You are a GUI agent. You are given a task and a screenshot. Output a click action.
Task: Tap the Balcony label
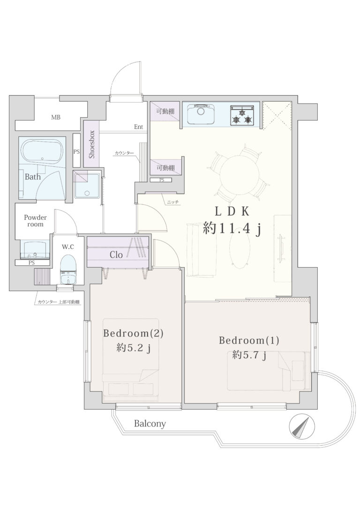[x=150, y=424]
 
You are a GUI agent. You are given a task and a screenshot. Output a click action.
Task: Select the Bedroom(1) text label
[x=248, y=341]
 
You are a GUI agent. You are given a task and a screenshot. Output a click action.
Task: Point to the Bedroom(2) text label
[x=133, y=333]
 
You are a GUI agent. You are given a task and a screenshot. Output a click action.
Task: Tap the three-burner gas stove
[x=242, y=115]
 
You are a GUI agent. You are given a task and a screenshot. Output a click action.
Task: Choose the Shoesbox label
[x=92, y=144]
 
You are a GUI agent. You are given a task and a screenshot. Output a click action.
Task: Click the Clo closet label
[x=116, y=255]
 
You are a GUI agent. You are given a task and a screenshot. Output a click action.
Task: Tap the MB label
[x=55, y=117]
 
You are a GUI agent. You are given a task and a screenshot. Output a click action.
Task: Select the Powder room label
[x=35, y=221]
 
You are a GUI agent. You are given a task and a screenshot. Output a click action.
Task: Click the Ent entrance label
[x=139, y=127]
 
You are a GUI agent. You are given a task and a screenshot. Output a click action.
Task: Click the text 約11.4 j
[x=232, y=229]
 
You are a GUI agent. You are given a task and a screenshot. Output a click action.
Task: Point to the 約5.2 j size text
[x=134, y=348]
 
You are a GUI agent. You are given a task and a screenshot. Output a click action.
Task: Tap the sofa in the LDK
[x=201, y=250]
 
